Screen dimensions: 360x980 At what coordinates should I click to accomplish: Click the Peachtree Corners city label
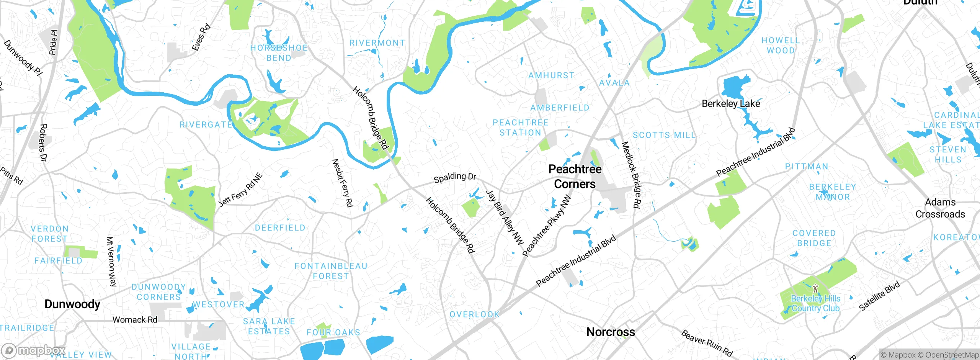tap(575, 177)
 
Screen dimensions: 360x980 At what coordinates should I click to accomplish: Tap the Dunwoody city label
tap(72, 304)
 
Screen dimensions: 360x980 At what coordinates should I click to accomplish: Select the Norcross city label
tap(611, 332)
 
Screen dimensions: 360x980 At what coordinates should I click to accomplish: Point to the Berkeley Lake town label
tap(730, 104)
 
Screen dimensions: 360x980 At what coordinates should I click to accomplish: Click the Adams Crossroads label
tap(940, 208)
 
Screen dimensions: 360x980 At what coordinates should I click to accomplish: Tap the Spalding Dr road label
tap(455, 177)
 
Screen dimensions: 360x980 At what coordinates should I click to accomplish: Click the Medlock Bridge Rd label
tap(630, 175)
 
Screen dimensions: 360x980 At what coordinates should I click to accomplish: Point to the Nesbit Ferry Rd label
tap(342, 183)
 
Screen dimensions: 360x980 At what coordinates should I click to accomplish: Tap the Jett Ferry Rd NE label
tap(240, 190)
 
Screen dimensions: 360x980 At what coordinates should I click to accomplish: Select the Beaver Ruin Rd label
tap(707, 344)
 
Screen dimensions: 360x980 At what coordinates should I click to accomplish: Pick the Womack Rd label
tap(135, 320)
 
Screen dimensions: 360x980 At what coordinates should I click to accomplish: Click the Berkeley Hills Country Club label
tap(815, 303)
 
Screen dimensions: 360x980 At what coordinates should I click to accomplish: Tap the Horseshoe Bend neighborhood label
tap(279, 53)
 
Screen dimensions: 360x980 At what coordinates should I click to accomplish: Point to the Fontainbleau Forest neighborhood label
tap(331, 271)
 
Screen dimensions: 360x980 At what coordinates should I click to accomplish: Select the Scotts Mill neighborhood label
tap(664, 135)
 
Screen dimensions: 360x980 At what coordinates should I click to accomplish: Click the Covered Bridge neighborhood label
tap(814, 238)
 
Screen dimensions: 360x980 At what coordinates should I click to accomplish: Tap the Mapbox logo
tap(34, 350)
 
